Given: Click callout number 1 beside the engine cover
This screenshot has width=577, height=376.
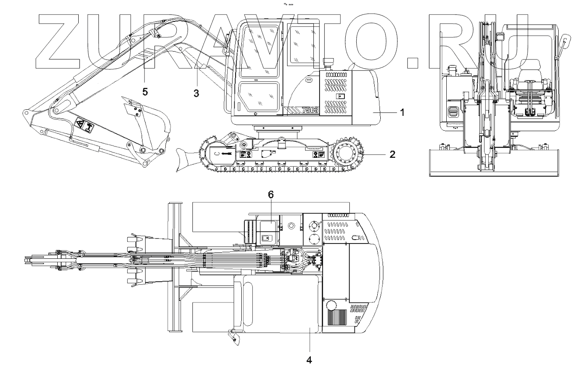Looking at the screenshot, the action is coord(402,112).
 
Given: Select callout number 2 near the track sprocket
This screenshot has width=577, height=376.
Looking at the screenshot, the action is coord(392,154).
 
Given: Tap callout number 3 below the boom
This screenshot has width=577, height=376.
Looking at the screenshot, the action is coord(196,93).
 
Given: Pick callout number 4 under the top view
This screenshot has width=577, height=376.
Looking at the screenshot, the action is coord(309,360).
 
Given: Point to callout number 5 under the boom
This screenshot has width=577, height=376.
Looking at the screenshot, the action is coord(145,91).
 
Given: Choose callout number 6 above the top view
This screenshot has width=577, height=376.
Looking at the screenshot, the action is coord(271,195).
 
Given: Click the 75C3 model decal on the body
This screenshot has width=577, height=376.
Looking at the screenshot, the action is coord(310,110).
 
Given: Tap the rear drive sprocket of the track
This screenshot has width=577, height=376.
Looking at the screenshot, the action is coord(347,153).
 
